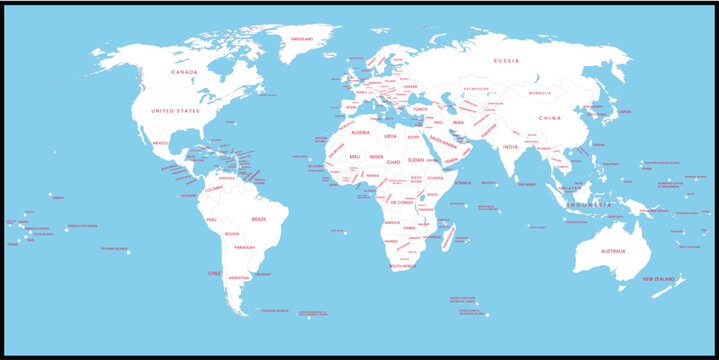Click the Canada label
[182, 72]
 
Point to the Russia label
[505, 61]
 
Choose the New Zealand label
[660, 279]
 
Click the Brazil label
[258, 218]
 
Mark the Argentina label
[239, 277]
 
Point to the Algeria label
[360, 131]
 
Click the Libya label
[390, 136]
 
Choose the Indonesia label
[589, 204]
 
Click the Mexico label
[160, 143]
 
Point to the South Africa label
[402, 267]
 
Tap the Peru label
[211, 219]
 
